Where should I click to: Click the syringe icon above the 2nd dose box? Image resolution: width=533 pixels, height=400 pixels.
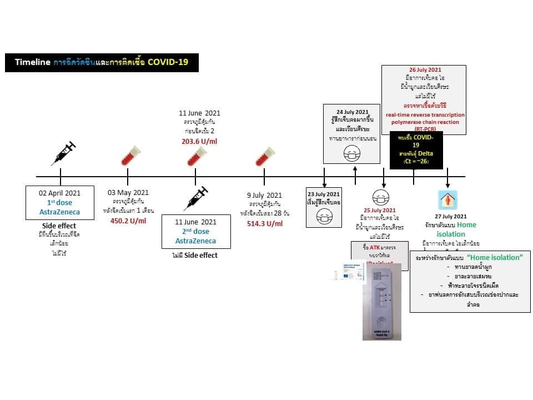195,199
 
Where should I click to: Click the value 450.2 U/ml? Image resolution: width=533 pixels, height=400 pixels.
128,221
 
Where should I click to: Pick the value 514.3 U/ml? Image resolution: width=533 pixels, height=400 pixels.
265,223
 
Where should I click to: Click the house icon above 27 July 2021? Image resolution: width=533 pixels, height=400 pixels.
447,199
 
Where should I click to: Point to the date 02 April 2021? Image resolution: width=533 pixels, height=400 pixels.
59,193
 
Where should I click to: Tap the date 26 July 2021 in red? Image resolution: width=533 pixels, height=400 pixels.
425,70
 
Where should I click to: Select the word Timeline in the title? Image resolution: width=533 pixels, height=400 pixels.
33,62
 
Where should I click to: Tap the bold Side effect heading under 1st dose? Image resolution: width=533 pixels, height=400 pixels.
59,227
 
